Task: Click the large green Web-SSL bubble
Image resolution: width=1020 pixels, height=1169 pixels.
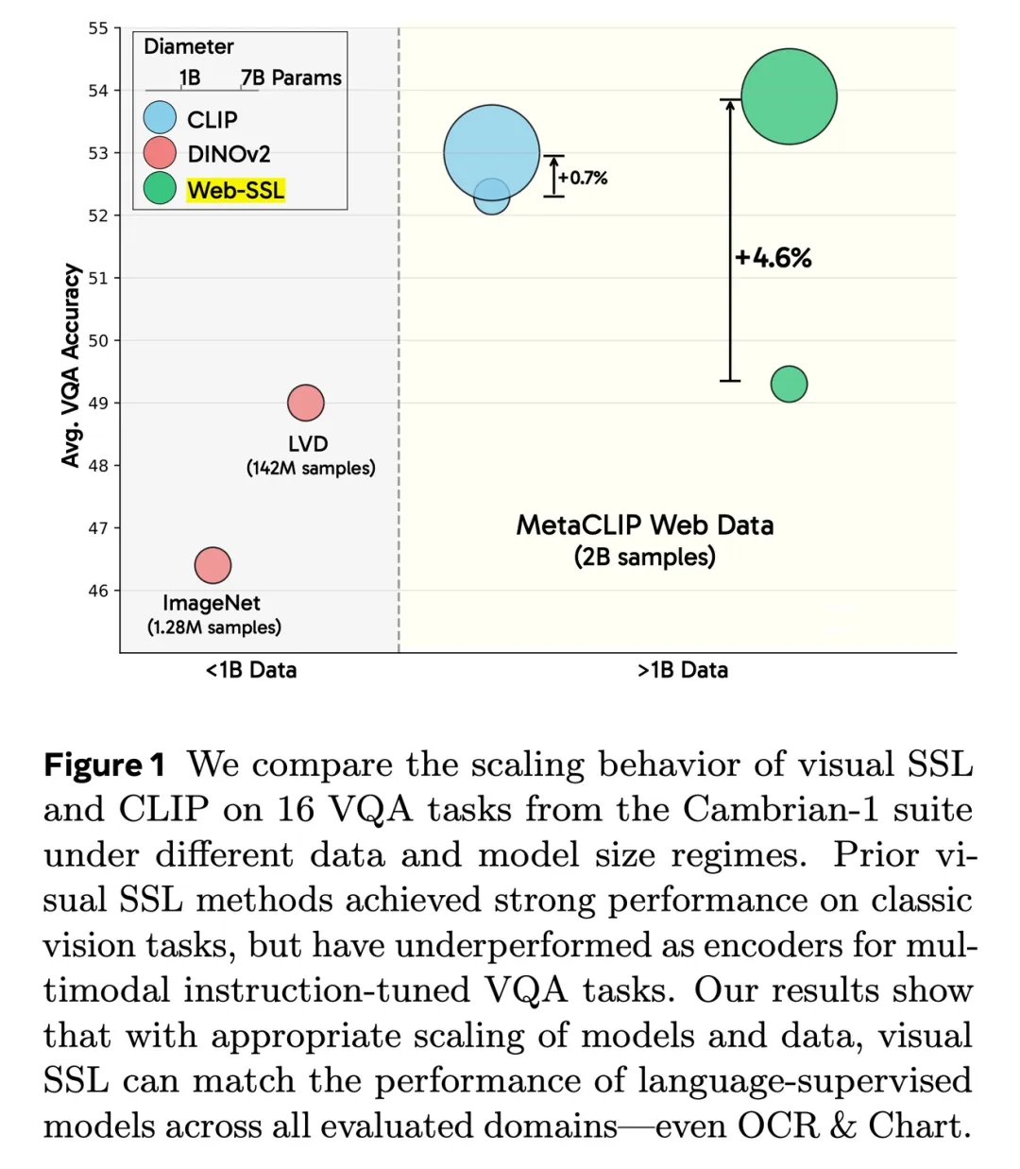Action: (x=789, y=96)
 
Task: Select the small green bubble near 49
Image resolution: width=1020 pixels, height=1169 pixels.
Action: (x=789, y=384)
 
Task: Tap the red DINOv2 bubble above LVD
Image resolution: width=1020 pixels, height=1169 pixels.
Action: (x=306, y=403)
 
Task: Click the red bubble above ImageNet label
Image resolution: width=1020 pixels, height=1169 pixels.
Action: (x=212, y=565)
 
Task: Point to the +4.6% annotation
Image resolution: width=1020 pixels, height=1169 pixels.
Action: (x=773, y=258)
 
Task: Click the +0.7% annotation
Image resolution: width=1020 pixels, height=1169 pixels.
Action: (x=583, y=178)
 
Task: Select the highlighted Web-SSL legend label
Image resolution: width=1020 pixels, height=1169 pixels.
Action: (x=235, y=190)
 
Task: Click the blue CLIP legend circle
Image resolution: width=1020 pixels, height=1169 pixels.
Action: (x=160, y=118)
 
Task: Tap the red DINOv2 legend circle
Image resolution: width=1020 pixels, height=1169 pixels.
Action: (x=160, y=153)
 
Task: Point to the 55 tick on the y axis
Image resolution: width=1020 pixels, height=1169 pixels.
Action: (x=98, y=28)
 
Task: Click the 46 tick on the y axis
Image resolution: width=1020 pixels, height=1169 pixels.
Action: (x=98, y=591)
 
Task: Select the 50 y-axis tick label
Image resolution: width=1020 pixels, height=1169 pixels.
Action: (x=98, y=340)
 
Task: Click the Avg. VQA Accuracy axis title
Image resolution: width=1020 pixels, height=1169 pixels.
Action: (x=71, y=365)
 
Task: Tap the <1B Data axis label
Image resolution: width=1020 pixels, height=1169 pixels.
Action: (x=251, y=670)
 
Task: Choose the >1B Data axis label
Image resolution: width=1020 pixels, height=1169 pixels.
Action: (x=683, y=670)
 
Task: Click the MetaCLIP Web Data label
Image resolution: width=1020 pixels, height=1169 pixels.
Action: (x=645, y=525)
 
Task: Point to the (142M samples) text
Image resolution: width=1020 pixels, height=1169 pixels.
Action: (x=311, y=468)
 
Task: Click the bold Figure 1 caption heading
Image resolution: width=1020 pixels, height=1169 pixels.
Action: (x=105, y=765)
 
